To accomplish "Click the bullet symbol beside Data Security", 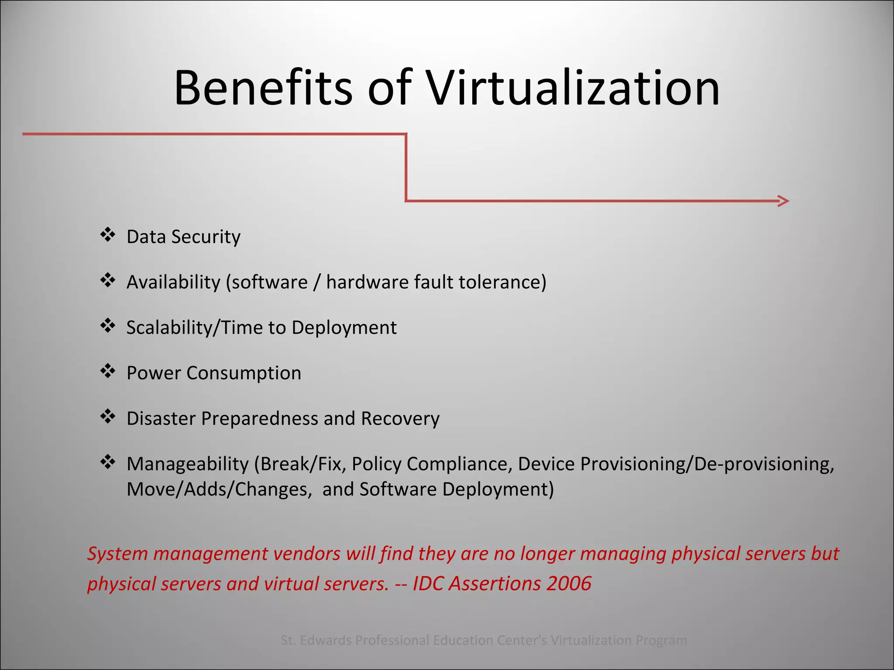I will click(x=107, y=235).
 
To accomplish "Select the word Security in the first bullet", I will click(x=206, y=237).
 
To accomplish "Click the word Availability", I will click(x=173, y=282).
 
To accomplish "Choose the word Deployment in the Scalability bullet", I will click(x=344, y=328).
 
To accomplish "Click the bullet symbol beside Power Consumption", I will click(x=107, y=371).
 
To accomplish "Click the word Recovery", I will click(x=400, y=418).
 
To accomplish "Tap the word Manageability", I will click(x=187, y=464).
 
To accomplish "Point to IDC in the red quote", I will click(x=428, y=584).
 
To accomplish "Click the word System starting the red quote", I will click(x=117, y=554).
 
